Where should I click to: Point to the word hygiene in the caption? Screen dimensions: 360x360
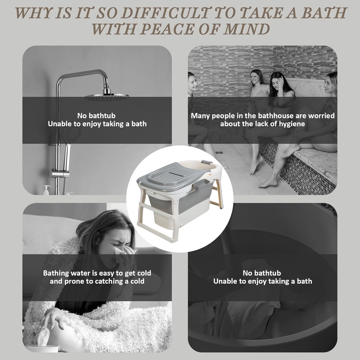pyautogui.click(x=292, y=124)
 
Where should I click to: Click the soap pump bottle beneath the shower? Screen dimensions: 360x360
pyautogui.click(x=47, y=190)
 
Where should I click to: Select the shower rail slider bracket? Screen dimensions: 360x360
pyautogui.click(x=60, y=173)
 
